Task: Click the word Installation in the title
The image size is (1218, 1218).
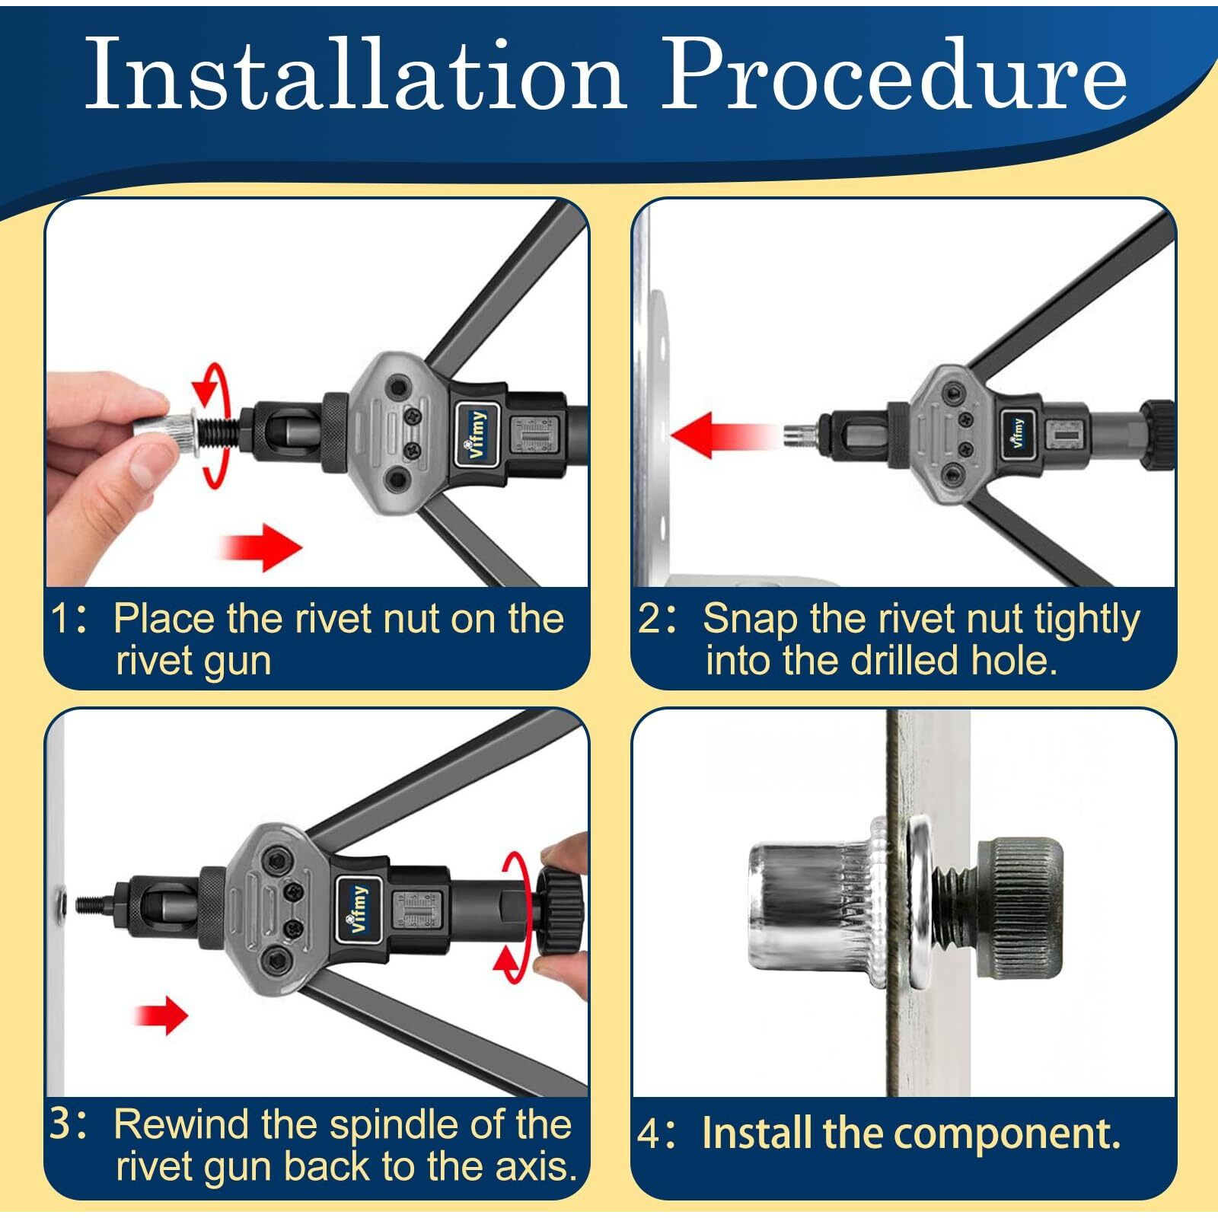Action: pos(356,75)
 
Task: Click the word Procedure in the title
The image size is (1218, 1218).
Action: pos(895,75)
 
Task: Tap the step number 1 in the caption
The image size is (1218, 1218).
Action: pos(62,617)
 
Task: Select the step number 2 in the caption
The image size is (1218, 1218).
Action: pos(650,617)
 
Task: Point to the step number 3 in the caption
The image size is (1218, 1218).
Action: pos(62,1124)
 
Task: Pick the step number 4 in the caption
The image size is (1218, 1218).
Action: pos(650,1134)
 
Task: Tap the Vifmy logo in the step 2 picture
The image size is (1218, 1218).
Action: pos(1018,433)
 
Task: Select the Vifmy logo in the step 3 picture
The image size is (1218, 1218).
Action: pos(359,909)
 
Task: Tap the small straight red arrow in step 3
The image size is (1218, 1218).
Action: pos(161,1015)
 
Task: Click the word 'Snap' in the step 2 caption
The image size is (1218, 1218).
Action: pos(751,620)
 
